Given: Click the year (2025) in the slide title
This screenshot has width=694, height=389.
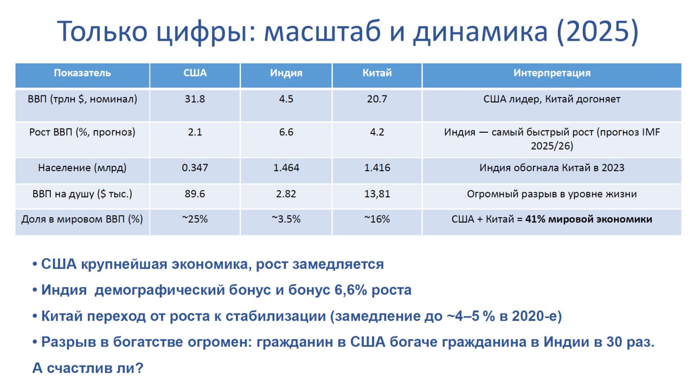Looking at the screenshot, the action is point(597,31).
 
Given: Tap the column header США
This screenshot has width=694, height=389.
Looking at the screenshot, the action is point(195,73).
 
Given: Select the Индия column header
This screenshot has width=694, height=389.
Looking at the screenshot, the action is point(286,73).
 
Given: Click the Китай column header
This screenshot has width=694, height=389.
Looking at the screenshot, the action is point(377,73).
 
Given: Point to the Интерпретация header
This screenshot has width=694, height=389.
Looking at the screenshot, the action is point(552,73).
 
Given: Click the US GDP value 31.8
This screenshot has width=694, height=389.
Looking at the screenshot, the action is point(195,99).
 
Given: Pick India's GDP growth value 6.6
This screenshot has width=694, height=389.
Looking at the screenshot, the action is point(286,132).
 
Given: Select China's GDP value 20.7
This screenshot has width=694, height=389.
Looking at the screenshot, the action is point(377,99).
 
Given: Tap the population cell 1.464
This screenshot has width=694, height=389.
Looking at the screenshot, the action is point(286,168).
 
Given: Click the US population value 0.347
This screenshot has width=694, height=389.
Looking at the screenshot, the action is point(195,168).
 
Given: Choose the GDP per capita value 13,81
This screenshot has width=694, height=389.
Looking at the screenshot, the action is point(377,194).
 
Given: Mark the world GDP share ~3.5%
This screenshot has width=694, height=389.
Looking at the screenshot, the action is point(286,219).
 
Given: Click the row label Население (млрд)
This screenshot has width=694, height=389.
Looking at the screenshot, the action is point(82,168).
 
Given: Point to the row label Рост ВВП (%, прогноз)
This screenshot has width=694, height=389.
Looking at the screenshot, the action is point(82,133).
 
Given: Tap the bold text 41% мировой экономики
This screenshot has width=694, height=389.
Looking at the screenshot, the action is point(589,219).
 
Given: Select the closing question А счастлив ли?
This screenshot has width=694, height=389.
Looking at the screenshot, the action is point(88,368).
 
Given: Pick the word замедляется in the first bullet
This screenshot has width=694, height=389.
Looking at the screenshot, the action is point(338,264).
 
